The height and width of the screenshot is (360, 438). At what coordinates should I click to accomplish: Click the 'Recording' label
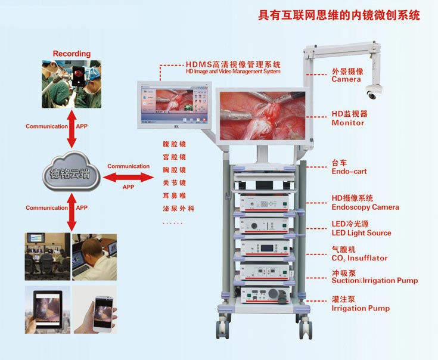pyautogui.click(x=72, y=54)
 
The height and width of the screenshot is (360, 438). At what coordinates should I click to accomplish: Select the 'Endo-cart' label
pyautogui.click(x=349, y=172)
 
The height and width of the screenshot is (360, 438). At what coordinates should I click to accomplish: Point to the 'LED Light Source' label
pyautogui.click(x=361, y=233)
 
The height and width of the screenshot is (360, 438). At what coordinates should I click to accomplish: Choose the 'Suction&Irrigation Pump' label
pyautogui.click(x=374, y=281)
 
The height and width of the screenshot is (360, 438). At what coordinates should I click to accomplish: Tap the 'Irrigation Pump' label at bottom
pyautogui.click(x=361, y=308)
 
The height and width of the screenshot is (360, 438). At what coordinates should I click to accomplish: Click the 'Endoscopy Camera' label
pyautogui.click(x=365, y=207)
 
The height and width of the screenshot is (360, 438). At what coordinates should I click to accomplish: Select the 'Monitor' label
pyautogui.click(x=348, y=123)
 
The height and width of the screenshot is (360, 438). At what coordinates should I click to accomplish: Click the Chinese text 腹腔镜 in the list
pyautogui.click(x=174, y=144)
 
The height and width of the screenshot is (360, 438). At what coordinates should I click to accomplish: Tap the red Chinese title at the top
pyautogui.click(x=338, y=15)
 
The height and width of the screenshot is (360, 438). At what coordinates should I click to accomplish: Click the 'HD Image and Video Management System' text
pyautogui.click(x=225, y=72)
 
